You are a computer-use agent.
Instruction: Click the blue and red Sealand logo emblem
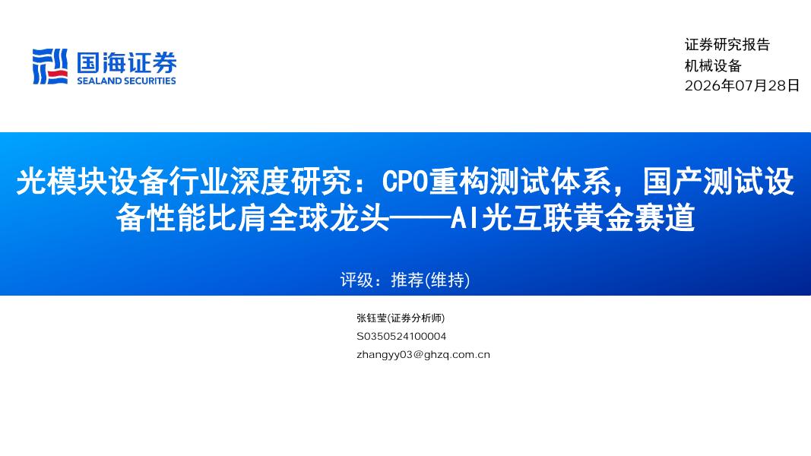(50, 66)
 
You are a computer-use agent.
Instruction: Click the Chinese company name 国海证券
(127, 62)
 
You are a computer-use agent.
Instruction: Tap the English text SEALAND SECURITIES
(127, 81)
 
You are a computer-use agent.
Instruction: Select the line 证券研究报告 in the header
(727, 45)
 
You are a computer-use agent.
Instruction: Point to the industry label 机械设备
(713, 65)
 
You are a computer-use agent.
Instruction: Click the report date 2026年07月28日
(742, 86)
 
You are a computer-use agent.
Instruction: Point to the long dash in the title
(420, 218)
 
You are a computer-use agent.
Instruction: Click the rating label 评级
(356, 280)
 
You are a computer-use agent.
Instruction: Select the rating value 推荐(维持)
(430, 280)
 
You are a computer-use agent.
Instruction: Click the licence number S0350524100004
(401, 336)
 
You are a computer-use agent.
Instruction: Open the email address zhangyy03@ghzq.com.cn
(423, 355)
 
